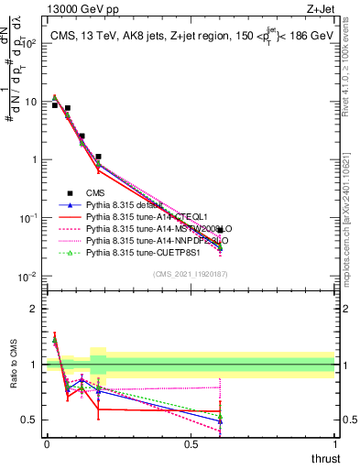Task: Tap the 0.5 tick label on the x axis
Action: tap(190, 443)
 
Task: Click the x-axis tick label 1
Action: tap(333, 443)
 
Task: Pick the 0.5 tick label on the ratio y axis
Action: tap(30, 420)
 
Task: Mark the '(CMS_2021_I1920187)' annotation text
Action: tap(191, 274)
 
